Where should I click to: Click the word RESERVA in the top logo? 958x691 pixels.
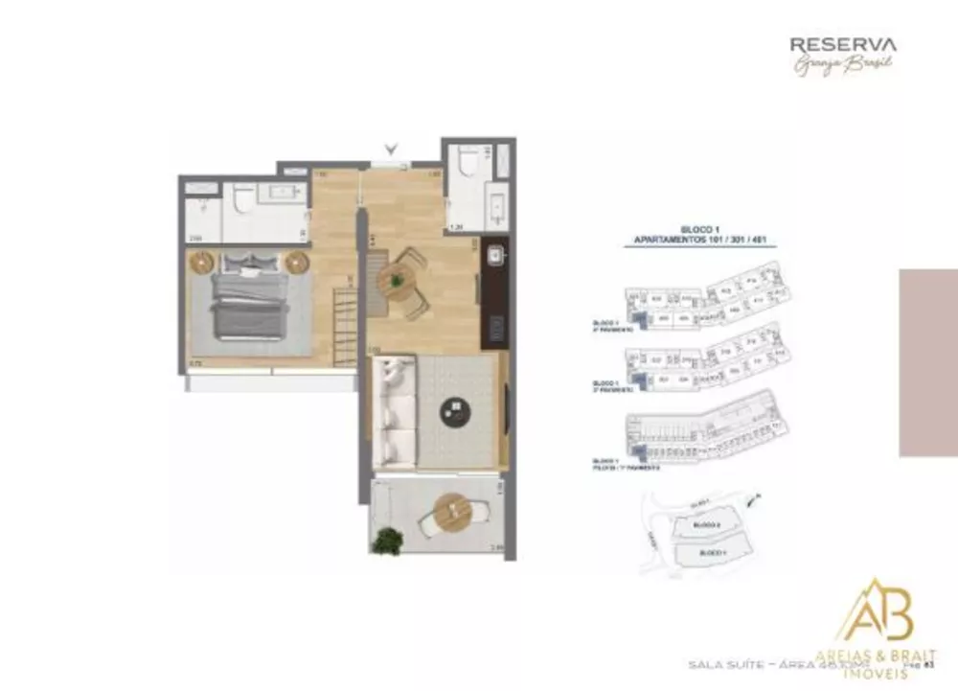843,43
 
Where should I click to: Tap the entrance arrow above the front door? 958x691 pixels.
390,149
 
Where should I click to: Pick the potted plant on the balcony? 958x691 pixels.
386,541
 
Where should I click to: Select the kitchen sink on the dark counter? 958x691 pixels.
495,256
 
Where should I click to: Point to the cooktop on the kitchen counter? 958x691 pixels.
496,326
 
